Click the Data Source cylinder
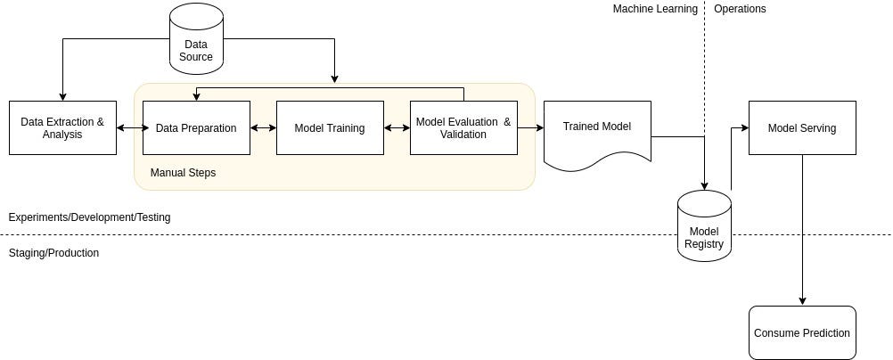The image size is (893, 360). [x=196, y=38]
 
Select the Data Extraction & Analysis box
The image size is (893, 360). [x=62, y=127]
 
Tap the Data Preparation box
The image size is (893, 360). [x=196, y=127]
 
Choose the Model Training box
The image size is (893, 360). [x=330, y=127]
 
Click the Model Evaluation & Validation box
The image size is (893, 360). [x=463, y=127]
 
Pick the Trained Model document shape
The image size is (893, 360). [x=597, y=132]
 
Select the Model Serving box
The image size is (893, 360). [x=802, y=127]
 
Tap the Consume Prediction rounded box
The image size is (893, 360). [x=802, y=332]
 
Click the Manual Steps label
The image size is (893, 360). [x=183, y=173]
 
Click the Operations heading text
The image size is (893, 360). [x=740, y=9]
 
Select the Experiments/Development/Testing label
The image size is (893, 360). [x=89, y=217]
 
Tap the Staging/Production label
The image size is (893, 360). [x=53, y=253]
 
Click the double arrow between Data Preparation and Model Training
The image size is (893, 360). [x=263, y=127]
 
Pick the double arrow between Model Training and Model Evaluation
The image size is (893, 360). [x=397, y=127]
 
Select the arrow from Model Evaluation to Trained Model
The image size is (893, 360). [x=530, y=127]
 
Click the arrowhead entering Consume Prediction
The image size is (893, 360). [x=802, y=301]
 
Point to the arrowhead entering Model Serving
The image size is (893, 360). [x=744, y=127]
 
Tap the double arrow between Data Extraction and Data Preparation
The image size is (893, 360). [x=129, y=127]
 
